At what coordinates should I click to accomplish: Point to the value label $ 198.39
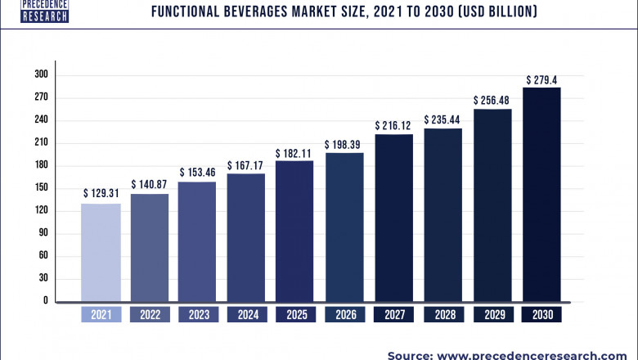(344, 144)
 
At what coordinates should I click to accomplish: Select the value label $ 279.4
(541, 79)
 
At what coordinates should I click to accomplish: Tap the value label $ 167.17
(245, 165)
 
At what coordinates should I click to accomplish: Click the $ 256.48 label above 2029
(492, 100)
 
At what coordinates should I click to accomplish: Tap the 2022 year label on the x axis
(149, 314)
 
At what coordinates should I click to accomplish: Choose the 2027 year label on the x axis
(393, 314)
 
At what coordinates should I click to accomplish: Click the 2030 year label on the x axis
(541, 314)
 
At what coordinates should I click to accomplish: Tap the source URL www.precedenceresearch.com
(543, 353)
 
